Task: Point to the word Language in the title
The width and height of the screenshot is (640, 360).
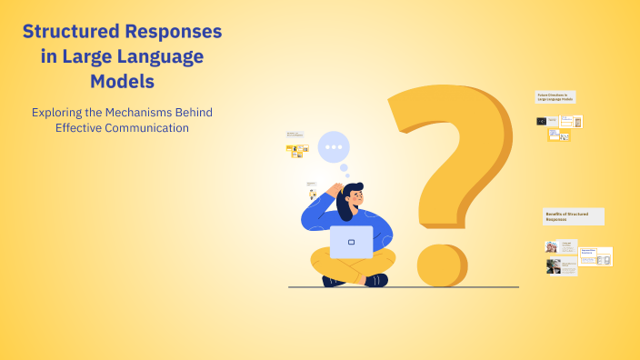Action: [158, 56]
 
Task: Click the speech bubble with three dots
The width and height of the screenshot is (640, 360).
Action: [334, 145]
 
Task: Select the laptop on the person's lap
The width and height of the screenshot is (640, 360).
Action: [351, 242]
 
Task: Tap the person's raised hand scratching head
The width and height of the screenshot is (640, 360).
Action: [335, 190]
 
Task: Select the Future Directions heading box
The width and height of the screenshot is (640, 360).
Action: [555, 96]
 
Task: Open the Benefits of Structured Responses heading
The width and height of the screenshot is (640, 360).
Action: [573, 216]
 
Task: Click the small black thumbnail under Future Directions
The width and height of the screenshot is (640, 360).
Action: [542, 121]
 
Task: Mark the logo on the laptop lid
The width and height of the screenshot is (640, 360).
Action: [351, 242]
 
